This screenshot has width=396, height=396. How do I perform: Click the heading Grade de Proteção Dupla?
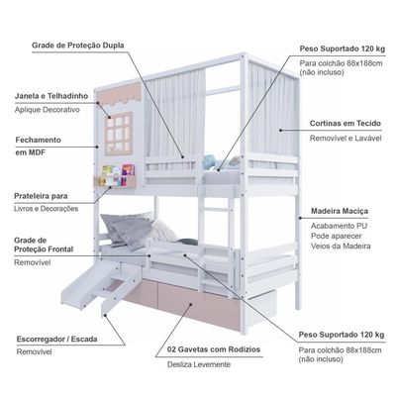point(78,46)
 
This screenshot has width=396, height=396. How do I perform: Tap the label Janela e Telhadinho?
point(51,96)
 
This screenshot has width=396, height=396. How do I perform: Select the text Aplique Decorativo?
point(48,110)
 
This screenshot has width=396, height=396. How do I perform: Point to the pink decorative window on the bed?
point(119,134)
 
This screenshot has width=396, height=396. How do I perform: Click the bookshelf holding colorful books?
point(115,176)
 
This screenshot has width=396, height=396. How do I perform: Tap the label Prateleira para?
point(41,196)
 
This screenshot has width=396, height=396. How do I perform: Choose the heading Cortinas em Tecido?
point(346,124)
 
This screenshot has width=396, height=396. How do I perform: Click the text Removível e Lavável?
point(346,139)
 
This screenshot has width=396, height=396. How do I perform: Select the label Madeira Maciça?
point(340,211)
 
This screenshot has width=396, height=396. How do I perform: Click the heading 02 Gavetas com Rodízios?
point(214,349)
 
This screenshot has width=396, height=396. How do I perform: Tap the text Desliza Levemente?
point(199,364)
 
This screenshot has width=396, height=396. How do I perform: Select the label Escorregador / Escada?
point(56,340)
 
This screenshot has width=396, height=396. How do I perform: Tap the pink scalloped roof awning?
point(120,94)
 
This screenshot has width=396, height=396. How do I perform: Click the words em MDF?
point(31,152)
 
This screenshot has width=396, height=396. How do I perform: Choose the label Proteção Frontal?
point(44,249)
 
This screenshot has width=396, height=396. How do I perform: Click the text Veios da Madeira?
point(341,247)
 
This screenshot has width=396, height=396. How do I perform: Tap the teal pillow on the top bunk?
point(211,162)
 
